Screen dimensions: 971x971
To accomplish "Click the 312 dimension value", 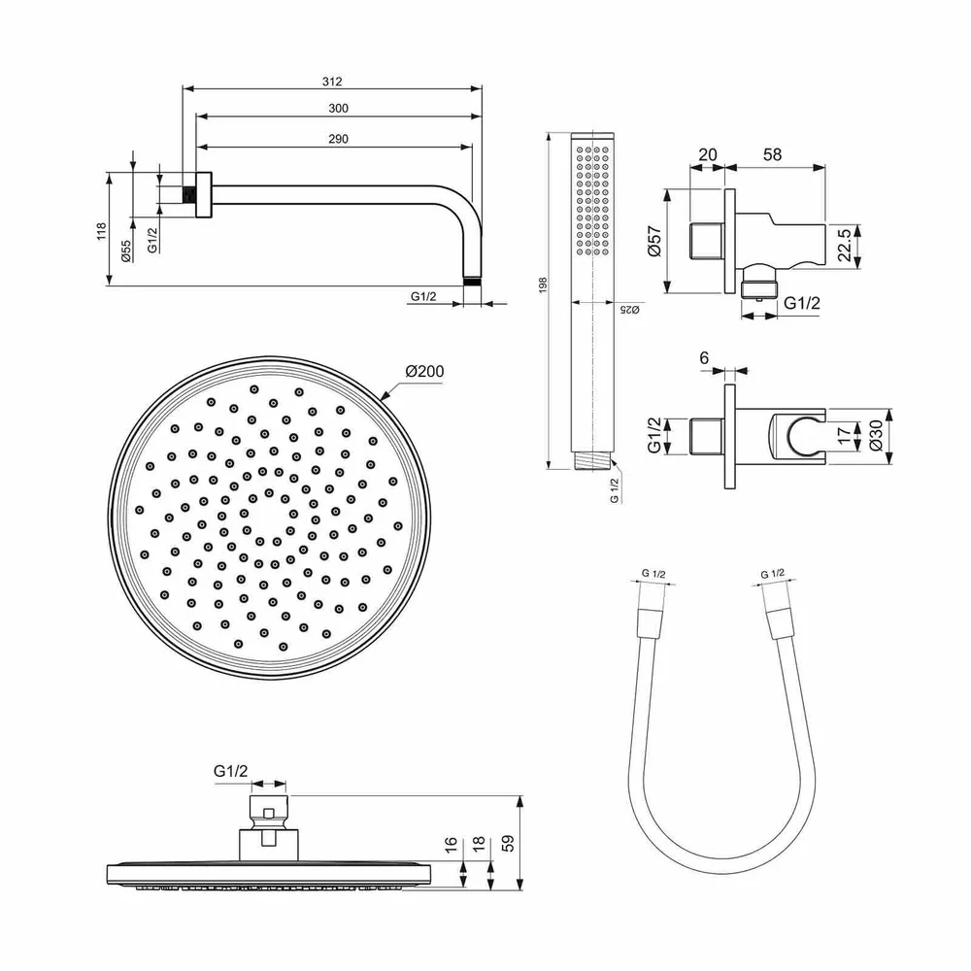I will [333, 82].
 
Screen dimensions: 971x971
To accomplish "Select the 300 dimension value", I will [339, 109].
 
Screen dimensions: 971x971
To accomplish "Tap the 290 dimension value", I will [338, 140].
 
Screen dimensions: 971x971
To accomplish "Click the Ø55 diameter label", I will [126, 251].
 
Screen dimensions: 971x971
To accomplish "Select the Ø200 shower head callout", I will [424, 371].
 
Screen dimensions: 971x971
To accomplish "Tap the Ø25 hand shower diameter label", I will [628, 309].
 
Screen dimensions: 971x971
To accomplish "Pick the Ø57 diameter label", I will [653, 241].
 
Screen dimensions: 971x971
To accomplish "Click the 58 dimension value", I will [773, 154].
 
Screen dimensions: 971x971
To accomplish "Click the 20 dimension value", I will [707, 154].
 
